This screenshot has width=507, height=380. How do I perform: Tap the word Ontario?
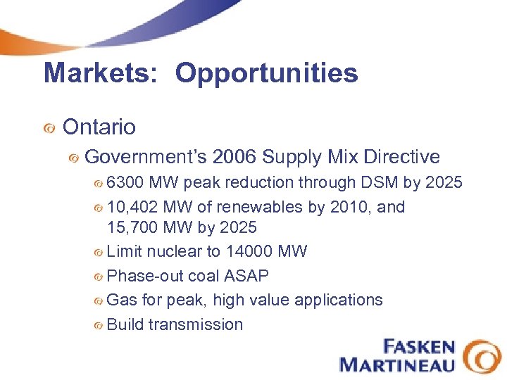pyautogui.click(x=99, y=127)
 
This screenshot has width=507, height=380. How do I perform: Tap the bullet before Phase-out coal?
pyautogui.click(x=99, y=277)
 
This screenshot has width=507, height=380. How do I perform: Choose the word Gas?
pyautogui.click(x=122, y=300)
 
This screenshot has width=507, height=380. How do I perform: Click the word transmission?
pyautogui.click(x=195, y=324)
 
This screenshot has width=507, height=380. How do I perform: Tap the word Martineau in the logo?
pyautogui.click(x=397, y=364)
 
